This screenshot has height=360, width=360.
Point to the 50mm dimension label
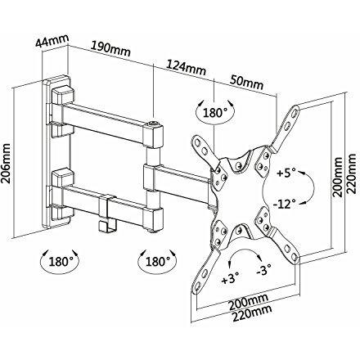point(245,83)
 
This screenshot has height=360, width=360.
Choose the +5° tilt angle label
point(286,174)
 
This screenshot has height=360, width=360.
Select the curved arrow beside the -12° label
point(309,191)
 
